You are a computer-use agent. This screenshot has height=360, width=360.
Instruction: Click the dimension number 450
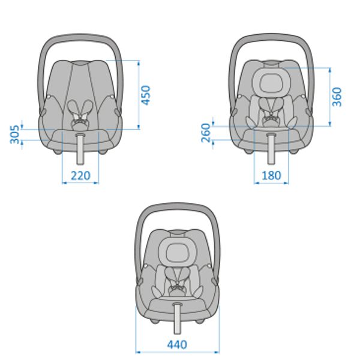click(x=146, y=95)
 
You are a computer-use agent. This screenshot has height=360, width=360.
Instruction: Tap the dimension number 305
click(x=14, y=134)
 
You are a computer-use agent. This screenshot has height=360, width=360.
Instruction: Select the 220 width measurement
click(x=80, y=176)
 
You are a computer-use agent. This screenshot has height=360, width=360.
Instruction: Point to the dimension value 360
click(x=337, y=97)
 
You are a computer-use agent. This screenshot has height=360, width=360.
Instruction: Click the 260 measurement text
click(x=206, y=133)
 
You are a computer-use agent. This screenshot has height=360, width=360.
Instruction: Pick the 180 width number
click(x=271, y=176)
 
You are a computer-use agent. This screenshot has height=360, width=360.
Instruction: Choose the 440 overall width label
click(x=177, y=344)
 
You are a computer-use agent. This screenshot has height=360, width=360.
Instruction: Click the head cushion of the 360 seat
click(x=271, y=83)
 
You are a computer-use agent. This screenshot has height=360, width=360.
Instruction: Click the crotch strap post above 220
click(x=80, y=149)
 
